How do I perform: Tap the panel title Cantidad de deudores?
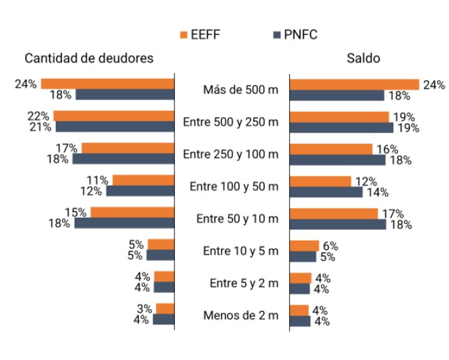point(89,58)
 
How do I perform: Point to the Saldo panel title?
point(363,58)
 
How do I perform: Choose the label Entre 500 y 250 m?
point(231,121)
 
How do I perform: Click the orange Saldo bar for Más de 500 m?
point(354,84)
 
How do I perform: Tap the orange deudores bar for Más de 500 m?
point(107,84)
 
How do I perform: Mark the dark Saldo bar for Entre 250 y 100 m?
point(337,160)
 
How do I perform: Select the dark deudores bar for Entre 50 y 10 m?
point(124,223)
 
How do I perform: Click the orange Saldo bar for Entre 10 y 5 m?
point(304,246)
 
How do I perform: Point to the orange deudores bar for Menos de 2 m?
point(165,309)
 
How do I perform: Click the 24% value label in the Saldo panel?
point(434,85)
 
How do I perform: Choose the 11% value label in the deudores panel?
point(98,180)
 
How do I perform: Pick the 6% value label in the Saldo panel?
point(330,246)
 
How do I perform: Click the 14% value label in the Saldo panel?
point(375,193)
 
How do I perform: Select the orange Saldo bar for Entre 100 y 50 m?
point(320,181)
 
